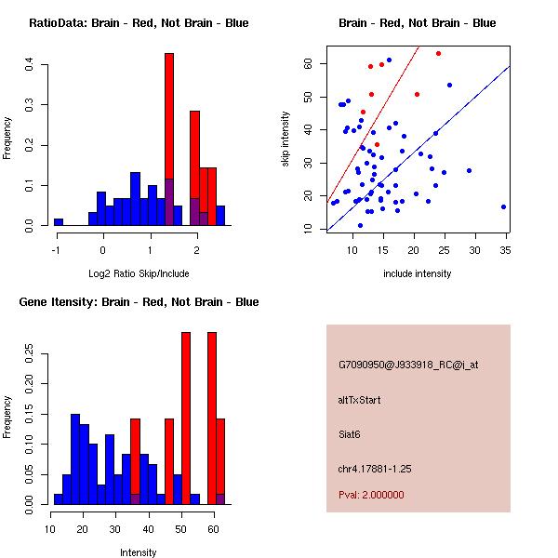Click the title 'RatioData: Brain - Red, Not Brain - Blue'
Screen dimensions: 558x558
(139, 23)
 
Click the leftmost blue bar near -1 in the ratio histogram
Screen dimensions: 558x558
(59, 222)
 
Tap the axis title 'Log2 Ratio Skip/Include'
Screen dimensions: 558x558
(138, 273)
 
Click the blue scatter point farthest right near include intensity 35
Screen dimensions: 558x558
(503, 206)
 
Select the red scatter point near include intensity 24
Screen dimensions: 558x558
(439, 53)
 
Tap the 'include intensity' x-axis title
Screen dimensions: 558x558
(418, 273)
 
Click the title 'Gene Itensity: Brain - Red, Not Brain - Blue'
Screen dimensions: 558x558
(139, 302)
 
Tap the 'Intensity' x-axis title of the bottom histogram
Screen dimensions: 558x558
(139, 552)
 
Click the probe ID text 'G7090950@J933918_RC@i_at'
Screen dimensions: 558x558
(408, 365)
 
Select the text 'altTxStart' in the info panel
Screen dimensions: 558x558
(360, 400)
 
